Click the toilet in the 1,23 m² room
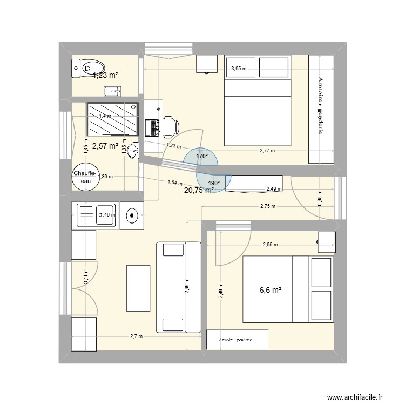pyautogui.click(x=84, y=69)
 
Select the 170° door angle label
pyautogui.click(x=202, y=157)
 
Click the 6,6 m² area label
pyautogui.click(x=271, y=290)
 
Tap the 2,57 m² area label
pyautogui.click(x=105, y=145)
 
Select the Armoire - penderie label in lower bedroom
pyautogui.click(x=236, y=340)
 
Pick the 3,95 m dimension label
pyautogui.click(x=239, y=69)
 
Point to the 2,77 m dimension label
pyautogui.click(x=267, y=151)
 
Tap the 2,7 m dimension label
pyautogui.click(x=136, y=336)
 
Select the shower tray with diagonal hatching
pyautogui.click(x=112, y=118)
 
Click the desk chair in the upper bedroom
pyautogui.click(x=169, y=126)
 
